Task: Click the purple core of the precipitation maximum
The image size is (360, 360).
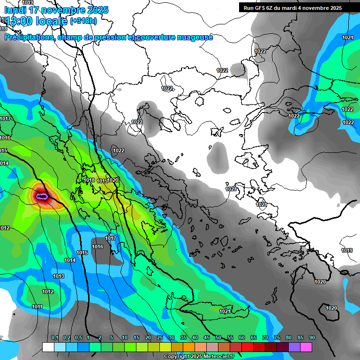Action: [42, 196]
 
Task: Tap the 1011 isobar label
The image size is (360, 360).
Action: [37, 307]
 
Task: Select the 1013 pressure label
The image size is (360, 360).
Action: [59, 277]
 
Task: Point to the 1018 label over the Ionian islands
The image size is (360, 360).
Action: [89, 180]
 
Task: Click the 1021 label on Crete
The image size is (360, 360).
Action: [225, 311]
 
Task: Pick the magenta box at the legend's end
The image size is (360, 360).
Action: [306, 347]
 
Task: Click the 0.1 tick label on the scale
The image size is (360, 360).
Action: [55, 338]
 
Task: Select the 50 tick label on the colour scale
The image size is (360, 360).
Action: [218, 338]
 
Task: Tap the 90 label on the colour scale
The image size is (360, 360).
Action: [312, 338]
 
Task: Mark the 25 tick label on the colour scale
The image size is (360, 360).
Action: [160, 338]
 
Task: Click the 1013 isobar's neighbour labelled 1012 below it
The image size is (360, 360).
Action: [48, 292]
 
